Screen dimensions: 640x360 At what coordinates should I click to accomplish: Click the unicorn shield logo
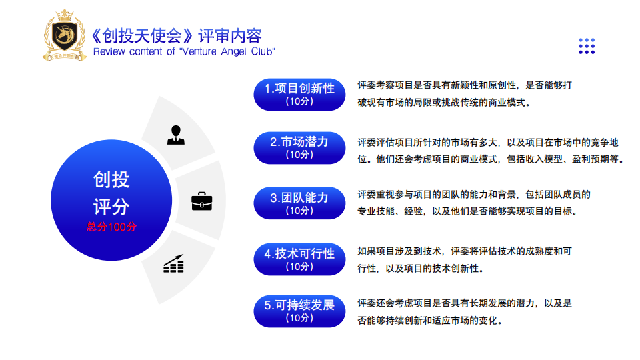point(65,35)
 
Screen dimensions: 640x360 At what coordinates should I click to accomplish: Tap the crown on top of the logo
point(65,15)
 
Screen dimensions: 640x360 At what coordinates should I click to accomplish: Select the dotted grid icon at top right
point(587,46)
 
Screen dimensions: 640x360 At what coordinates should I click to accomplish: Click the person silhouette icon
point(176,135)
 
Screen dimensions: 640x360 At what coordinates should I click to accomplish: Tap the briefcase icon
point(201,201)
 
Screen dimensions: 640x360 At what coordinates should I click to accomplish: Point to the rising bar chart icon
point(173,263)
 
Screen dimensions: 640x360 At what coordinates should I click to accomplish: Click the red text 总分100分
point(111,227)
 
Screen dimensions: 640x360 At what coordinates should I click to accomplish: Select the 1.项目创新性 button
point(299,95)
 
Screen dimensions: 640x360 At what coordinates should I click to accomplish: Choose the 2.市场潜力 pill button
point(299,148)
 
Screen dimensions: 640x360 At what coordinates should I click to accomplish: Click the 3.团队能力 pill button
point(299,203)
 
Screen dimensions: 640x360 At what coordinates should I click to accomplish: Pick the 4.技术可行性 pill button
point(299,259)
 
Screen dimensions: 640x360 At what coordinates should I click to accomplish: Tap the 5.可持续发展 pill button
point(299,311)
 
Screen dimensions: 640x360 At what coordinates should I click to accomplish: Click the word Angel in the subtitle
point(234,52)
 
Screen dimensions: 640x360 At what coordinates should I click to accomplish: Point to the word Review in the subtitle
point(109,51)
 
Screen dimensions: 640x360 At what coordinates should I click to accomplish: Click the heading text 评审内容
point(230,36)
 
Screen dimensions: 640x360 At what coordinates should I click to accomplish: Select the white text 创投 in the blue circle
point(111,179)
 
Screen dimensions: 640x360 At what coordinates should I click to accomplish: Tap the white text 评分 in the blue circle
point(111,207)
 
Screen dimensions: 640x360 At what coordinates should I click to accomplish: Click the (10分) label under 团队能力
point(299,211)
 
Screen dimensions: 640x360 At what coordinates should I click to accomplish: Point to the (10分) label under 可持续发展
point(299,318)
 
